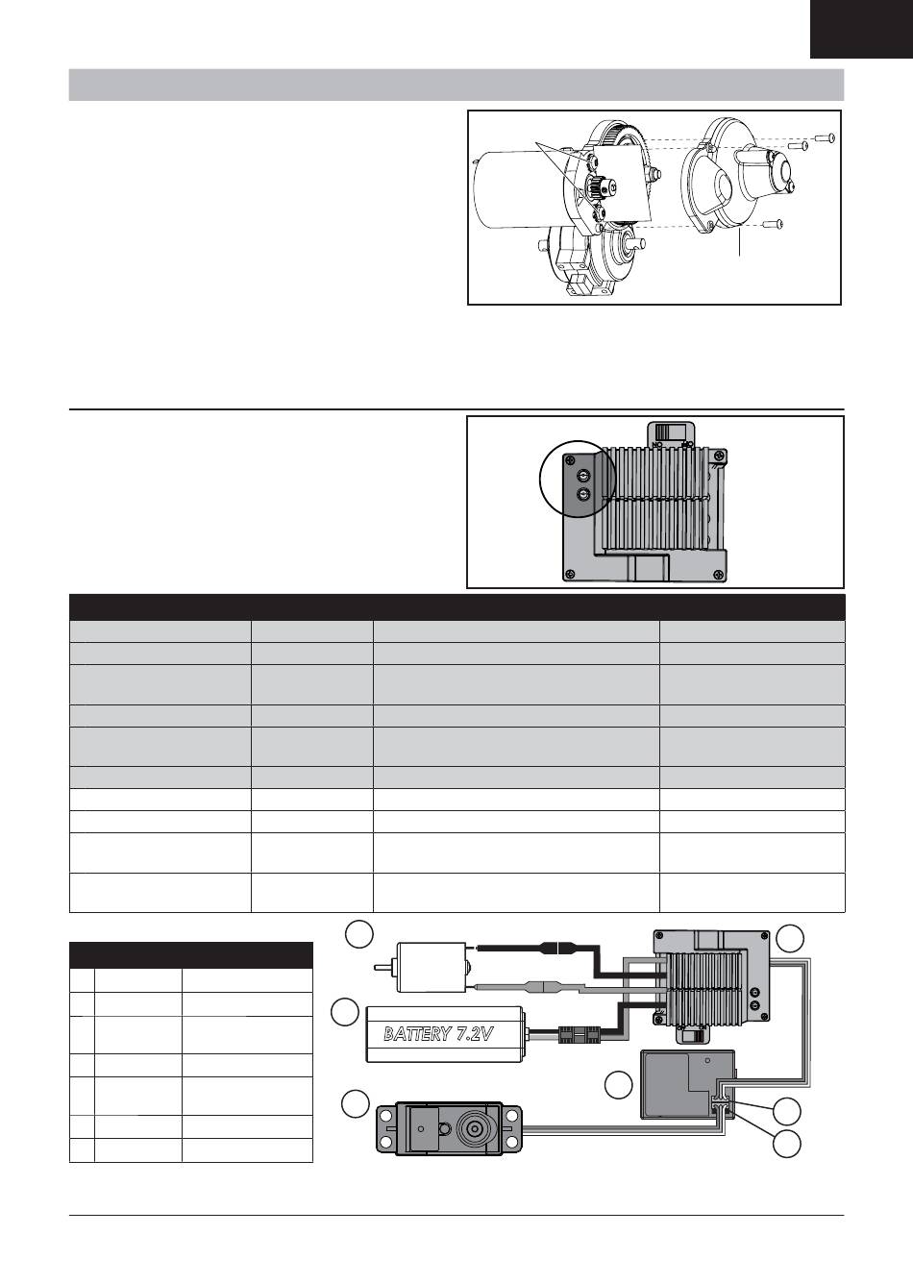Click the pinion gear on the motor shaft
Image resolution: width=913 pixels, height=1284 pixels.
pyautogui.click(x=594, y=186)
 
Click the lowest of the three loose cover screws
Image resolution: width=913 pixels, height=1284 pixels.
pyautogui.click(x=774, y=224)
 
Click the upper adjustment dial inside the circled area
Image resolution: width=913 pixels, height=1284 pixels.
pyautogui.click(x=584, y=474)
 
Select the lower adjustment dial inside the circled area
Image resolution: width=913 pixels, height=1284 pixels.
pyautogui.click(x=584, y=494)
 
